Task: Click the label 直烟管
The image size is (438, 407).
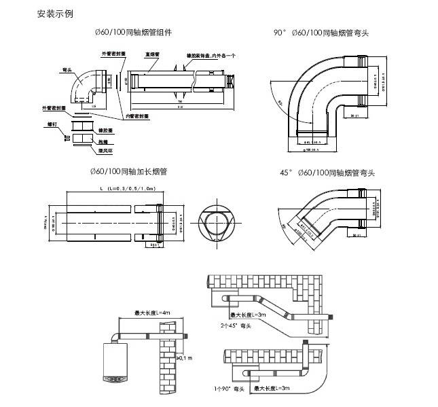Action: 152,54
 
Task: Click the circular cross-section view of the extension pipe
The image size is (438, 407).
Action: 217,222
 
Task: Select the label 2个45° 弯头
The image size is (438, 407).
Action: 236,327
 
